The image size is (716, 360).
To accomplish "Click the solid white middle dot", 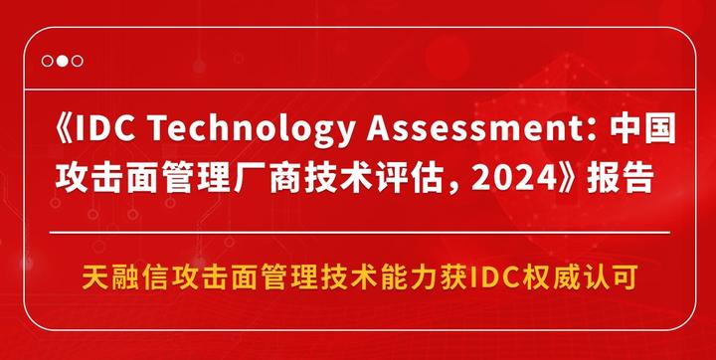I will pyautogui.click(x=62, y=60).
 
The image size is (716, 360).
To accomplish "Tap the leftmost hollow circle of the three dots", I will pyautogui.click(x=47, y=60).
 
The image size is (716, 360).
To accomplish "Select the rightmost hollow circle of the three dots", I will pyautogui.click(x=77, y=60).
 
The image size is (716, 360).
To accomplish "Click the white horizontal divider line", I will pyautogui.click(x=358, y=231).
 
